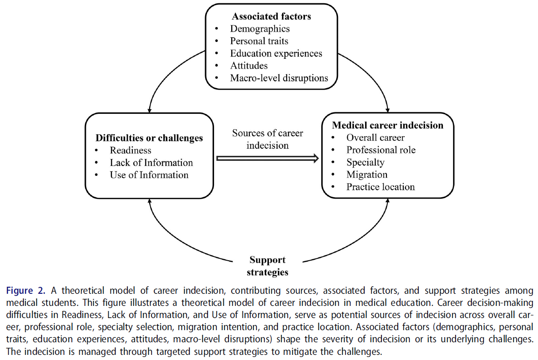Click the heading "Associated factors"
pyautogui.click(x=271, y=17)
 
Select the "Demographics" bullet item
pyautogui.click(x=260, y=29)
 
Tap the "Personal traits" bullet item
pyautogui.click(x=259, y=41)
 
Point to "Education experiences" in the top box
pyautogui.click(x=276, y=53)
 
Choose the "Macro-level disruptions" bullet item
pyautogui.click(x=279, y=78)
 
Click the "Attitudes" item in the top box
pyautogui.click(x=249, y=66)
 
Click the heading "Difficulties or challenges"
pyautogui.click(x=149, y=138)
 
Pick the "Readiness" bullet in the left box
pyautogui.click(x=131, y=150)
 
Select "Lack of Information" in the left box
pyautogui.click(x=151, y=163)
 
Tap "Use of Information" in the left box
pyautogui.click(x=149, y=175)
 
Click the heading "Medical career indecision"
pyautogui.click(x=387, y=125)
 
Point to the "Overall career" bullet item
pyautogui.click(x=375, y=138)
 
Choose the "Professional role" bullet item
pyautogui.click(x=381, y=150)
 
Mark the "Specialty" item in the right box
pyautogui.click(x=365, y=162)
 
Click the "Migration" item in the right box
pyautogui.click(x=367, y=174)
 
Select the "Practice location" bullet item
pyautogui.click(x=380, y=187)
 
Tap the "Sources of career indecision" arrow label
pyautogui.click(x=268, y=139)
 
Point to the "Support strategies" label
pyautogui.click(x=268, y=266)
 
